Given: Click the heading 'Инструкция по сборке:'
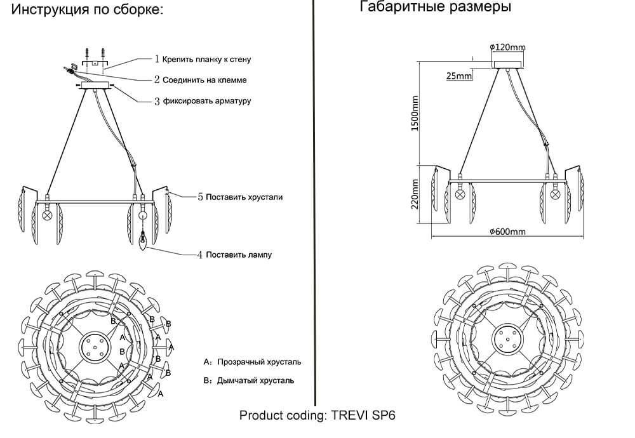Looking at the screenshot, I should click(87, 10).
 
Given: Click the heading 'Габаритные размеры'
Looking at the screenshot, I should click(435, 8).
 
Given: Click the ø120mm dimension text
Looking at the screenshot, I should click(507, 47).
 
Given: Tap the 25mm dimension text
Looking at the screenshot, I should click(459, 76).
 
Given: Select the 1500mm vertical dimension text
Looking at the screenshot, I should click(415, 114).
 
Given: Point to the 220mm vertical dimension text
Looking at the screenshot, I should click(415, 194).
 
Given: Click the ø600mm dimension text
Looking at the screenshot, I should click(507, 232).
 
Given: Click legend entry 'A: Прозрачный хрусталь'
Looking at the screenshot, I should click(253, 362).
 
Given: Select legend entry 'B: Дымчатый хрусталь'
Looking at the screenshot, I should click(249, 381).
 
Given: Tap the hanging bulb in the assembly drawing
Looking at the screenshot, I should click(144, 242).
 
